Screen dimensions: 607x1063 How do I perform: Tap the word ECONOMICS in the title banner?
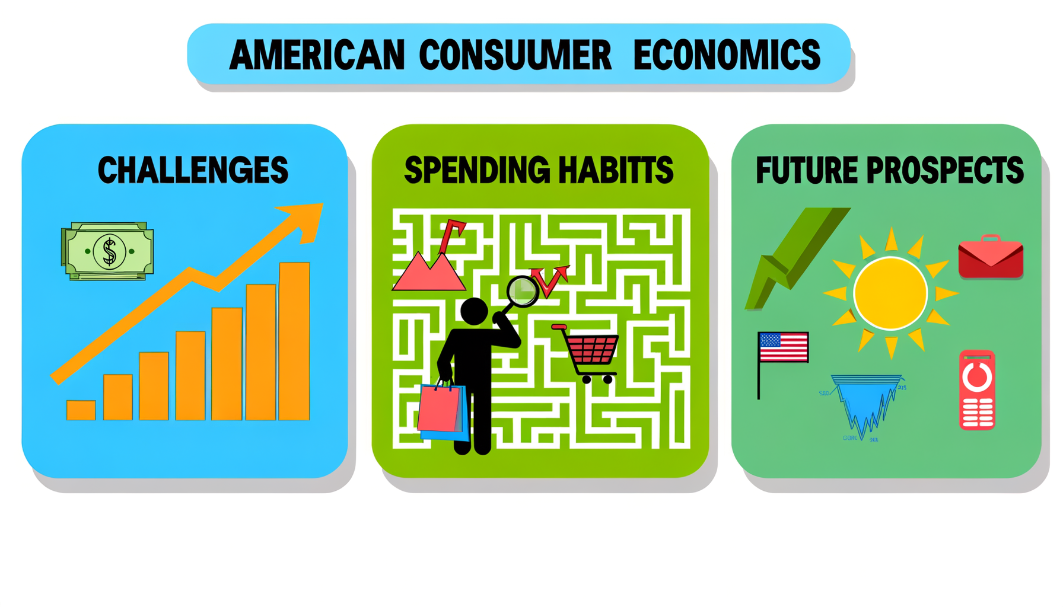point(726,55)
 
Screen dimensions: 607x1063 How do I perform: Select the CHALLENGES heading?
point(193,170)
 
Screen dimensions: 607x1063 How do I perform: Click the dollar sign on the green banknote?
point(109,251)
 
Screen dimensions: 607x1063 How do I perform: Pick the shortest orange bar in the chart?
point(81,410)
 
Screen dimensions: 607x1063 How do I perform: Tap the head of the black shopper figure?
point(474,311)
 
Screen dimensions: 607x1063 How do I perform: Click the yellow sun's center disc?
point(890,293)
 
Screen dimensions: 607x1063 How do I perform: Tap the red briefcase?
point(991,257)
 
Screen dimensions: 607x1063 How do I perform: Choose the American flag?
point(783,347)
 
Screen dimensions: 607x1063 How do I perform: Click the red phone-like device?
point(977,389)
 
